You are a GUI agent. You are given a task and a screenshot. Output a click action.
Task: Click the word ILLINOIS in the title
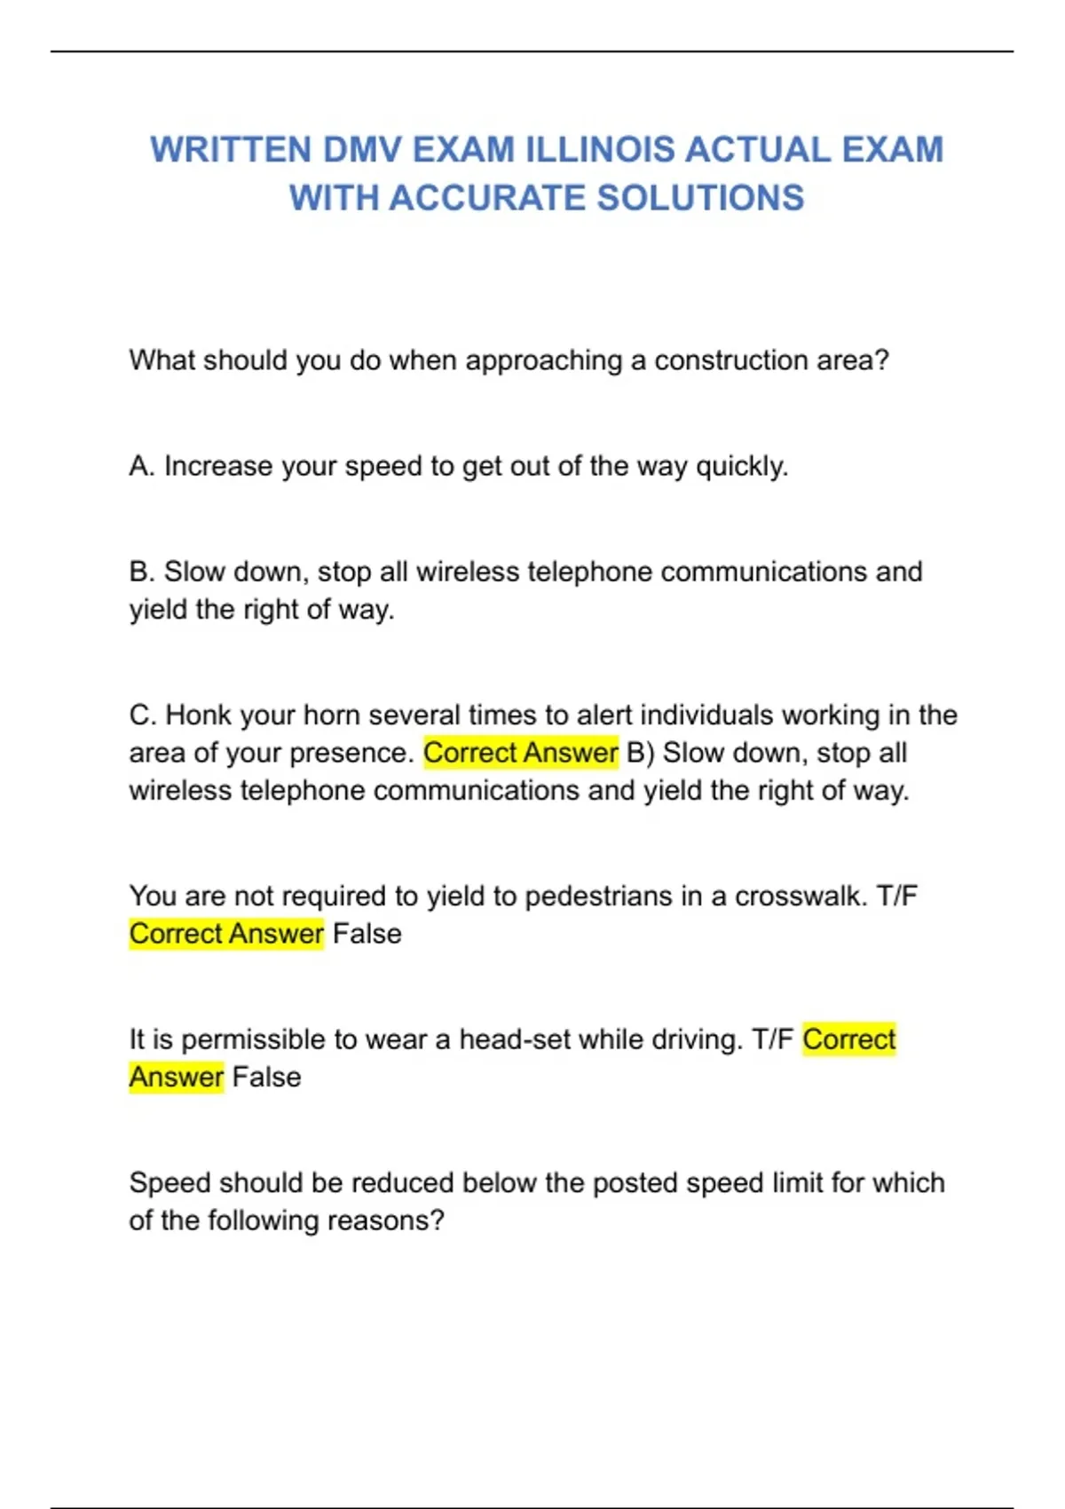tap(600, 150)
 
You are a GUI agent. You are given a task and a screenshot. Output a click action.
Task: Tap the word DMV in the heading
tap(362, 150)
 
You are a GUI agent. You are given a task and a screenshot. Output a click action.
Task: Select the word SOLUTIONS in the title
tap(700, 198)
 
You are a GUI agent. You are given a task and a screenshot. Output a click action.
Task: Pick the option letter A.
tap(140, 466)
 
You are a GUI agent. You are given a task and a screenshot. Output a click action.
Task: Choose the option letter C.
tap(141, 715)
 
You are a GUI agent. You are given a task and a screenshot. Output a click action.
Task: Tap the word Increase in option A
tap(218, 466)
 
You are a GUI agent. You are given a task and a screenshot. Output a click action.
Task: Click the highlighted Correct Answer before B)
tap(520, 753)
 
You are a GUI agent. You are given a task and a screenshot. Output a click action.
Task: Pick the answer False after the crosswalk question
tap(367, 934)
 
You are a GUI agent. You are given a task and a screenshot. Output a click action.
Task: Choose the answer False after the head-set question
tap(266, 1078)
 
